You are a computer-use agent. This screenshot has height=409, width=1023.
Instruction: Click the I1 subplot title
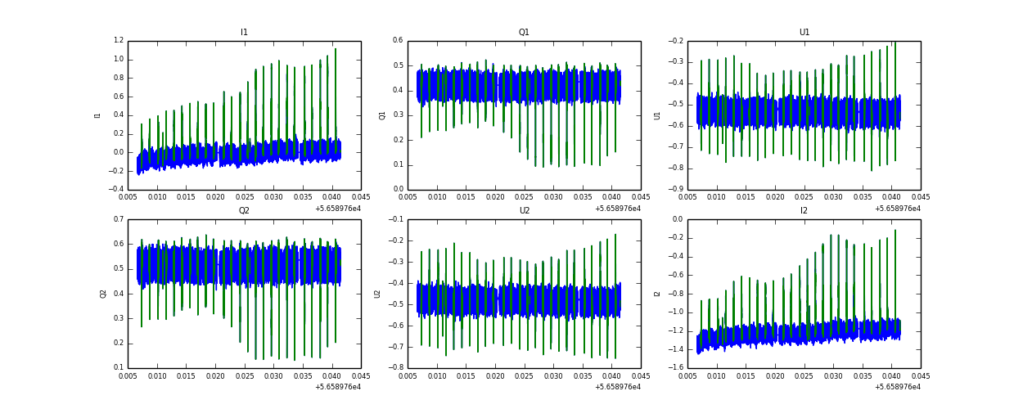[244, 33]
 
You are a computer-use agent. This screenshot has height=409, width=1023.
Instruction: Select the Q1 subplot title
[524, 33]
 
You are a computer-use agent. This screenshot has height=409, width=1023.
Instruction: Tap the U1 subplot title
[804, 33]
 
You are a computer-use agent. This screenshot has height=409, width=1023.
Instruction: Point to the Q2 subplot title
[244, 211]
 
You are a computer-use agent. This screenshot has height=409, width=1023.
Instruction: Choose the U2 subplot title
[524, 211]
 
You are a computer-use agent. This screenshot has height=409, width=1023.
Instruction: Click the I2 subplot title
[804, 211]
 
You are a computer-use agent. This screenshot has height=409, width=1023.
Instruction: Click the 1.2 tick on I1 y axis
[118, 41]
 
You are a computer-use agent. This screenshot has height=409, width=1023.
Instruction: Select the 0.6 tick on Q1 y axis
[398, 41]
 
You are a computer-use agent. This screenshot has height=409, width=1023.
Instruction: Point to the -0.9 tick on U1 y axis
[676, 190]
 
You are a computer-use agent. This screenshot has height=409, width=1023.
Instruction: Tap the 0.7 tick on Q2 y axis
[118, 219]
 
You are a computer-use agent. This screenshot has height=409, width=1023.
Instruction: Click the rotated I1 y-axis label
[98, 115]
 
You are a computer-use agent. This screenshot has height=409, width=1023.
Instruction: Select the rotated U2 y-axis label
[377, 294]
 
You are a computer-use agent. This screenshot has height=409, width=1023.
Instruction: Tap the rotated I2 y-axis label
[657, 294]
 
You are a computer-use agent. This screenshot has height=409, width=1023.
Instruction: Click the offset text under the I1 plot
[338, 208]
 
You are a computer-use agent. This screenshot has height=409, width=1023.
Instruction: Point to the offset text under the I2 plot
[898, 386]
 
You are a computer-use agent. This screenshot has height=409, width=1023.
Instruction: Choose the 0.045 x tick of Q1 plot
[641, 197]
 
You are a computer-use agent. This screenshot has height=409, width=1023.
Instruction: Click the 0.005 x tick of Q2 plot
[128, 375]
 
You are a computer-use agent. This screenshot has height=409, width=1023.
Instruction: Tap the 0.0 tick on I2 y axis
[678, 219]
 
